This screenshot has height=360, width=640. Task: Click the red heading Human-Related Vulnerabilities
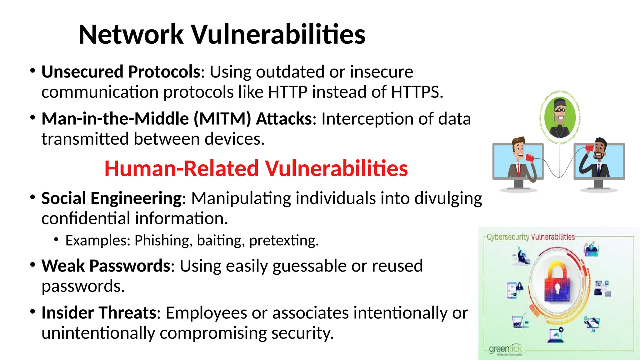click(256, 168)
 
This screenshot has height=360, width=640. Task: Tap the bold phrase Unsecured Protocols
click(121, 72)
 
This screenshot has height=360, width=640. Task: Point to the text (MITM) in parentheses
click(222, 119)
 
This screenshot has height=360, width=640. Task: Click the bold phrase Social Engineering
click(111, 198)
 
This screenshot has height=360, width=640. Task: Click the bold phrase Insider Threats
click(99, 313)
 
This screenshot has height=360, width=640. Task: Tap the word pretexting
click(283, 241)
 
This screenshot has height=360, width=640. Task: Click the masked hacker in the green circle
click(559, 117)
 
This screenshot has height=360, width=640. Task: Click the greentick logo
click(505, 349)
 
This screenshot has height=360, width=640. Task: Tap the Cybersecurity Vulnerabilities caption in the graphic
click(531, 237)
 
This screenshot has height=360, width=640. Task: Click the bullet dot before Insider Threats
click(32, 312)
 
